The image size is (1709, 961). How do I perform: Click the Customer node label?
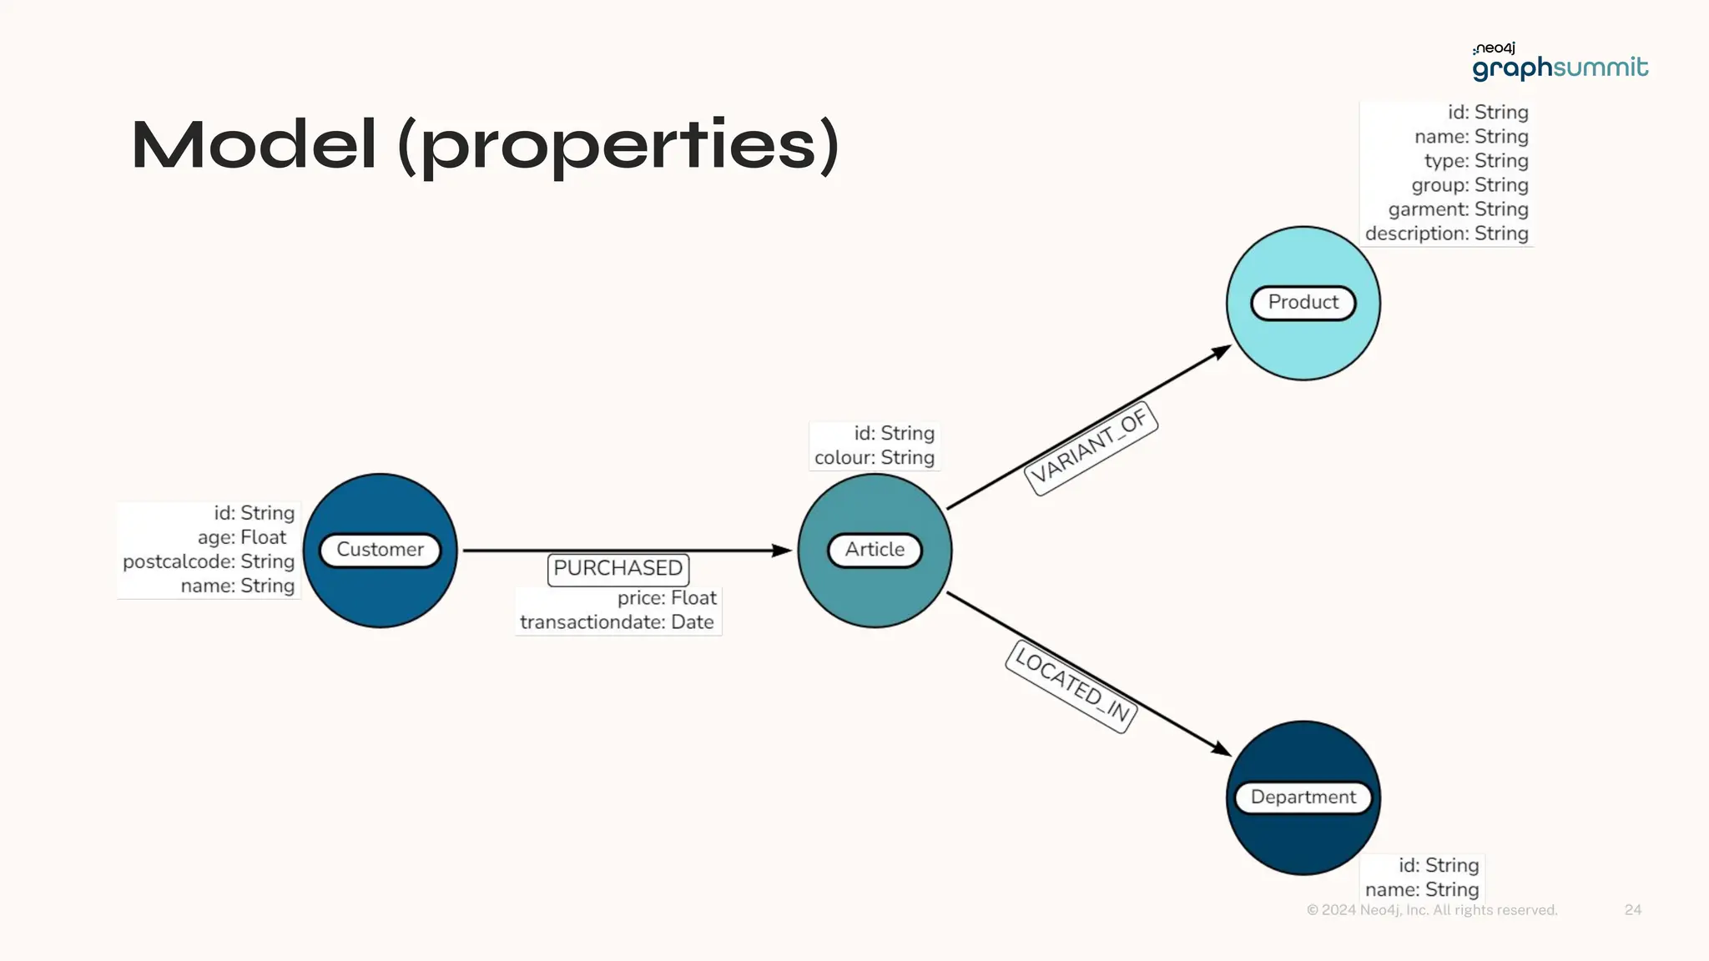tap(380, 550)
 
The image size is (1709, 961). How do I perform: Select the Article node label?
tap(875, 550)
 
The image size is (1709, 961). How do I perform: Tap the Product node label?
tap(1303, 302)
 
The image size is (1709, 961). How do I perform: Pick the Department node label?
tap(1303, 797)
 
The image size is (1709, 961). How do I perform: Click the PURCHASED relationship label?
tap(618, 569)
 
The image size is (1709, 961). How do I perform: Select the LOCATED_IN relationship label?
tap(1072, 687)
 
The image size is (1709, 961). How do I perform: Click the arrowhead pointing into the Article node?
tap(782, 551)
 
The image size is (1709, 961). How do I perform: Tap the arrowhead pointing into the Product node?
tap(1222, 351)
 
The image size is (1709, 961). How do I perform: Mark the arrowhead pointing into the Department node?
tap(1222, 750)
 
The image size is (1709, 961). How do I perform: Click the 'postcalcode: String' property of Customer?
tap(209, 561)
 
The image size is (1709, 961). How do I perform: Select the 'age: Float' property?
tap(242, 537)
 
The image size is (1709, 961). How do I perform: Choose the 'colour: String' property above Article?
tap(874, 458)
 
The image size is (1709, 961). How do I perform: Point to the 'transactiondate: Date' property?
tap(617, 622)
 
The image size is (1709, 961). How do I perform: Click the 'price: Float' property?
tap(667, 598)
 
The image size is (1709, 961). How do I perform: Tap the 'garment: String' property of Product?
tap(1458, 209)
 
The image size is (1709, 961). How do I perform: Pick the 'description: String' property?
tap(1446, 234)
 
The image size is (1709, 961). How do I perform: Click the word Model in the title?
tap(254, 145)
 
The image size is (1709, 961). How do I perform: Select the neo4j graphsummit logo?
tap(1559, 62)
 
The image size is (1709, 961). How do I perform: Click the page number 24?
tap(1632, 910)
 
